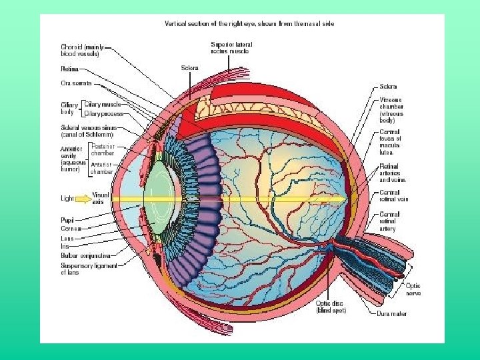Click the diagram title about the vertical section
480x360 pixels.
click(x=249, y=23)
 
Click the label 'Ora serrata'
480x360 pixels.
click(x=77, y=83)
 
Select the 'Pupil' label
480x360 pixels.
click(x=68, y=219)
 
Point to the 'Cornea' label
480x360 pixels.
click(x=71, y=228)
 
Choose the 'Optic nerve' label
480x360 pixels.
click(x=413, y=289)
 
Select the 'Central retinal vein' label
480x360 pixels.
click(x=393, y=195)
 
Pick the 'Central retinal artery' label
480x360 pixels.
click(x=389, y=221)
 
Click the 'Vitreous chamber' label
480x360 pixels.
click(x=391, y=111)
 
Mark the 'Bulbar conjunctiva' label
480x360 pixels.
click(x=85, y=255)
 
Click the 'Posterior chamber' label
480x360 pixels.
click(x=103, y=149)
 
